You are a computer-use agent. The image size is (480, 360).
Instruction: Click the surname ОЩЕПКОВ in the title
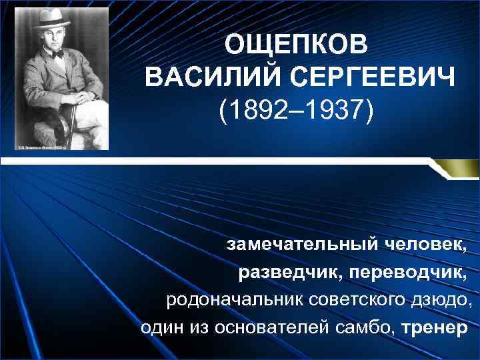point(295,45)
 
